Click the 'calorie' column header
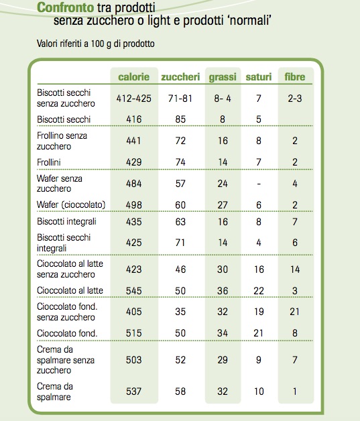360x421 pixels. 133,77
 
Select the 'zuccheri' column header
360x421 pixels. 180,77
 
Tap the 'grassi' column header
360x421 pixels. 223,77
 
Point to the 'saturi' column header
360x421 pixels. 259,77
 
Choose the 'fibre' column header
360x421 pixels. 295,77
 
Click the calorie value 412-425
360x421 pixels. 133,99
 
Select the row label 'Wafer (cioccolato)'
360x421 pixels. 71,204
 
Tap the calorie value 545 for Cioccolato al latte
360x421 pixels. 133,290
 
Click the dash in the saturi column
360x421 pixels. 259,184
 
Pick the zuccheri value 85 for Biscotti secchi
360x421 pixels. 180,119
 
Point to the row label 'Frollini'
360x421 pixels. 49,162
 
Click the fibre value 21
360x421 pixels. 294,312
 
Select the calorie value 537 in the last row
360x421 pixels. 133,392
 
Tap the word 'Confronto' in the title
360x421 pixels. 65,7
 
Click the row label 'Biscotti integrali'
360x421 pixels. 66,221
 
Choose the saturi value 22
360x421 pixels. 259,290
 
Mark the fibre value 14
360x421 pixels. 295,269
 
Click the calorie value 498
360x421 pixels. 133,205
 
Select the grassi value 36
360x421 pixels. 223,290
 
